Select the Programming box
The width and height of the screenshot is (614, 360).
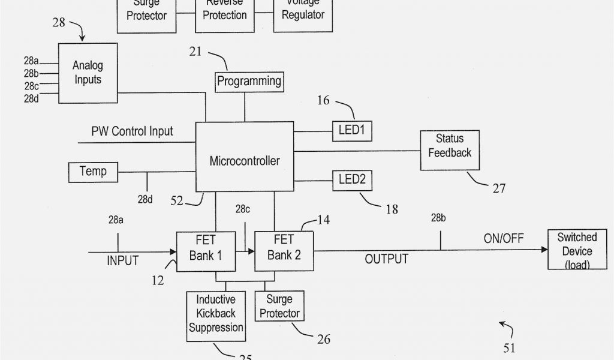(249, 81)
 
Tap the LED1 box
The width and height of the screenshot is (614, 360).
(353, 128)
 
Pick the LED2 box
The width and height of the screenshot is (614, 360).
(353, 178)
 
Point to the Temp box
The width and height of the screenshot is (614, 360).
(93, 172)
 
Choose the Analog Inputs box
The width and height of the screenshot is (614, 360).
(88, 72)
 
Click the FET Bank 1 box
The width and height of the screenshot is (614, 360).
(206, 248)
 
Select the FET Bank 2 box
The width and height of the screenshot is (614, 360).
(284, 248)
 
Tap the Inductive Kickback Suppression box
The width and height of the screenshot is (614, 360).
(216, 313)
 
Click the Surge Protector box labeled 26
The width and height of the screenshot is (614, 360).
(279, 306)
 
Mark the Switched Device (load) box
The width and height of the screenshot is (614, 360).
(577, 250)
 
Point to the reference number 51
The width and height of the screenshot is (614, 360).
(509, 347)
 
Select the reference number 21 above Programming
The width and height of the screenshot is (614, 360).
(195, 52)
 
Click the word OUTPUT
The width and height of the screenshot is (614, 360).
(387, 259)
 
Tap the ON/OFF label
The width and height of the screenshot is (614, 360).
(504, 239)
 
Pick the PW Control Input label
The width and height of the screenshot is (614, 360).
(132, 131)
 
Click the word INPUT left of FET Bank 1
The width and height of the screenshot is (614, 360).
(123, 260)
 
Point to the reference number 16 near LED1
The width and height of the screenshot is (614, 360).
(323, 100)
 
